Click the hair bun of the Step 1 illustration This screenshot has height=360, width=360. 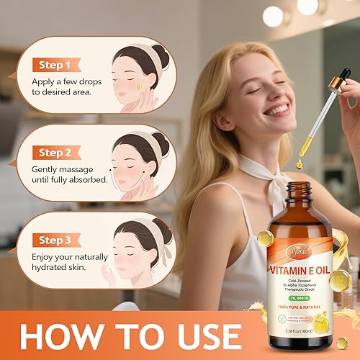pyautogui.click(x=160, y=57)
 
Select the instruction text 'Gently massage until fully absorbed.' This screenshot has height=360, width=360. pyautogui.click(x=69, y=173)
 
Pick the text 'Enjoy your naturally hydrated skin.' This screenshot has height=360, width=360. pyautogui.click(x=63, y=261)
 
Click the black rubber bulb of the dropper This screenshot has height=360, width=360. pyautogui.click(x=345, y=76)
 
